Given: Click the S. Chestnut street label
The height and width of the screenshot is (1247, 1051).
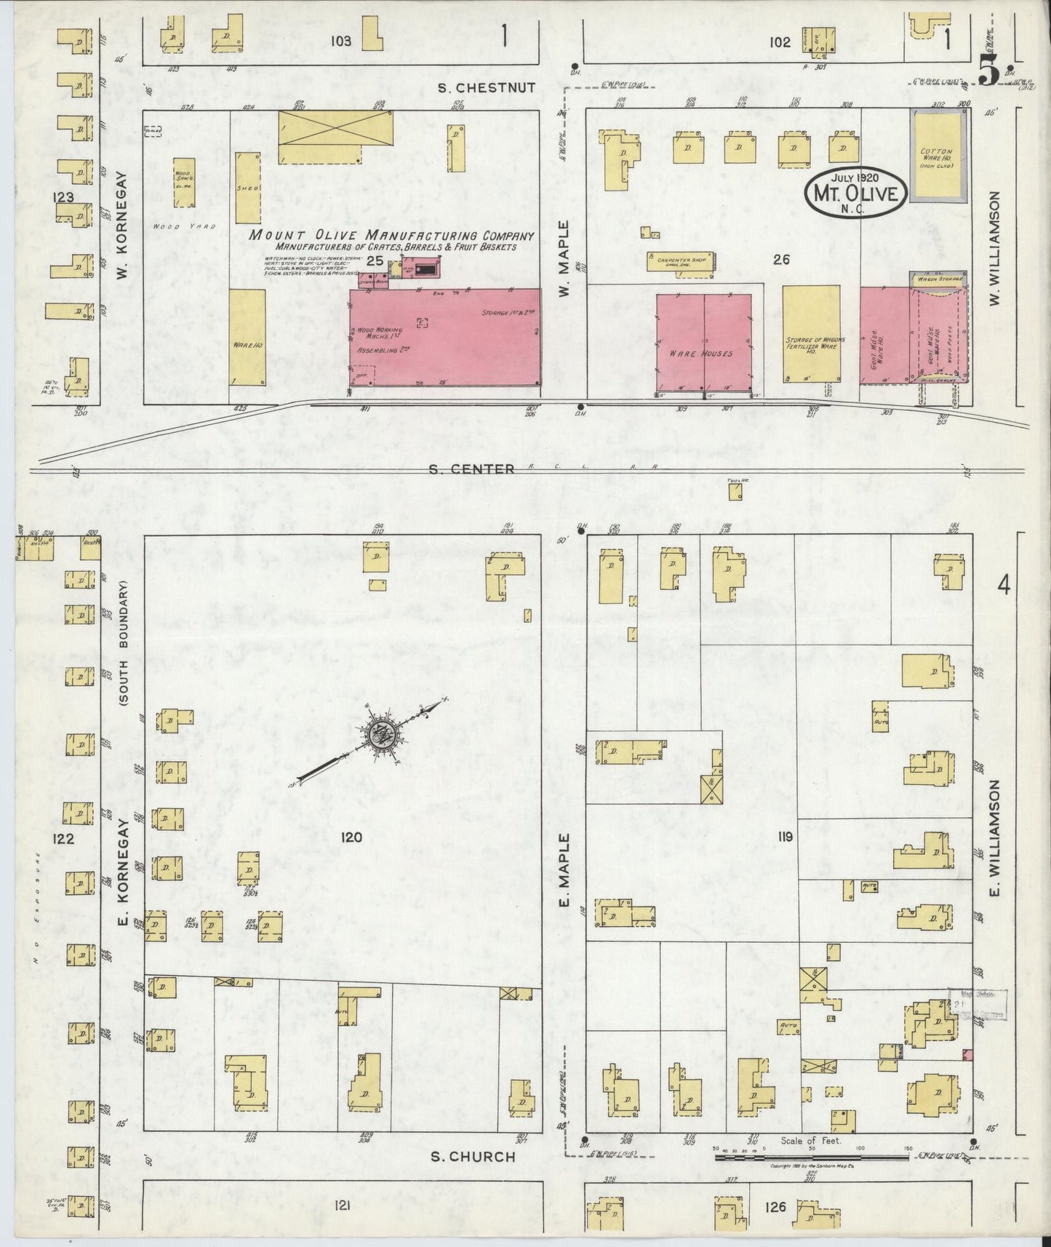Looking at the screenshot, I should pos(487,88).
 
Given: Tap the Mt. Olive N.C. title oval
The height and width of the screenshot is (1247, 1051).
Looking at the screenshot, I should pos(855,191).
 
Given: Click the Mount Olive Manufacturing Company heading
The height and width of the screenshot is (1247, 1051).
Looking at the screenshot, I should pos(392,236).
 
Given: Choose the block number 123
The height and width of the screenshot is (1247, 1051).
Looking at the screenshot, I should pos(63,198).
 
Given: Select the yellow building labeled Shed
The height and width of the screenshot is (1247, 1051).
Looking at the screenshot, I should pos(247,188).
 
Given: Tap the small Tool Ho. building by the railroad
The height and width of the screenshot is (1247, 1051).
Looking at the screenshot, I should pos(736,492).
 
